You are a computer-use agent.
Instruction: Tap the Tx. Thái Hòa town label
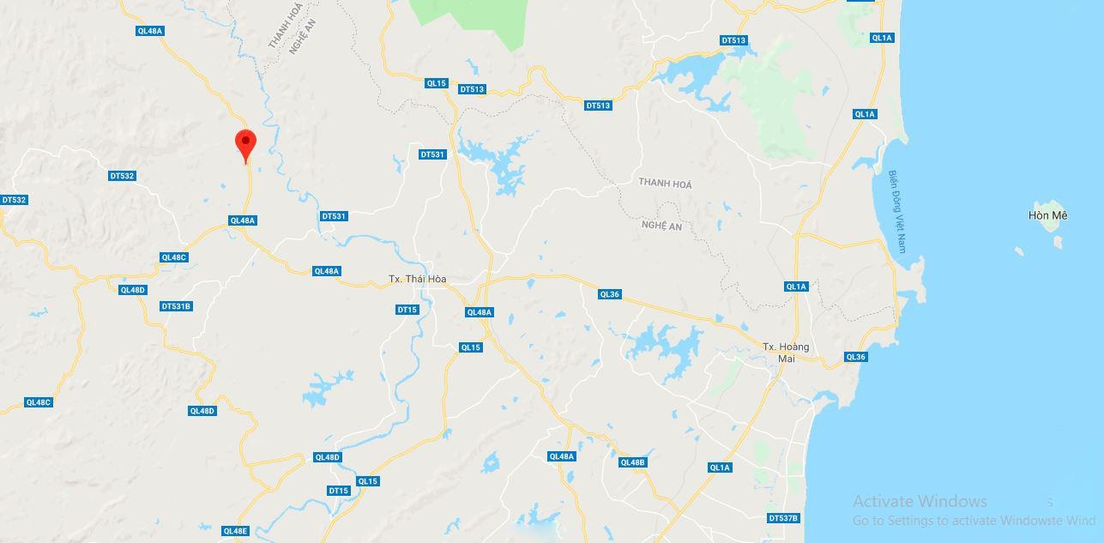click(x=418, y=279)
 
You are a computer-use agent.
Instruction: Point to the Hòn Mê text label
click(x=1047, y=216)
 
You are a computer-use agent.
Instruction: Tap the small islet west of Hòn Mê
click(x=1018, y=251)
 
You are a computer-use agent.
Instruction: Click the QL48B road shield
click(x=632, y=462)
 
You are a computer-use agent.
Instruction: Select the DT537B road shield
click(x=783, y=518)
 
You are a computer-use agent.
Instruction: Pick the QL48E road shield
click(x=234, y=531)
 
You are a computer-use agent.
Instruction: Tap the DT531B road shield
click(x=176, y=306)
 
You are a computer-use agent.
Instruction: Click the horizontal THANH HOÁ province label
click(x=665, y=184)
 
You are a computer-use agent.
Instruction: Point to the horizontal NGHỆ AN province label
click(x=661, y=226)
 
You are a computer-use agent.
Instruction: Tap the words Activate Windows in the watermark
click(x=920, y=502)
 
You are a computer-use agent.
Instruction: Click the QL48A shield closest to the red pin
click(x=243, y=220)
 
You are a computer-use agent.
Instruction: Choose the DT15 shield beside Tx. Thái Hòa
click(x=407, y=309)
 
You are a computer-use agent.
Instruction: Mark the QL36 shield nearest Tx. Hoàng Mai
click(x=855, y=357)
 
